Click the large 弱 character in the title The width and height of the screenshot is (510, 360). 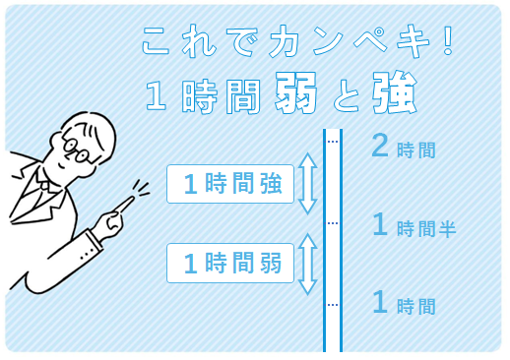coord(294,94)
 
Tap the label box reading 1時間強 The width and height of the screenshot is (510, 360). coord(230,184)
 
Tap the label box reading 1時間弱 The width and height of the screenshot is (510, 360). coord(230,263)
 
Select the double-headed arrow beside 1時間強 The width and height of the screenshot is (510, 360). coord(307,184)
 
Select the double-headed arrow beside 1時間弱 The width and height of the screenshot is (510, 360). coord(307,264)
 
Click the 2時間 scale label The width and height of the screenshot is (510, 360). coord(403,147)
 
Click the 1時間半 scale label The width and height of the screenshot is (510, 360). coord(413,226)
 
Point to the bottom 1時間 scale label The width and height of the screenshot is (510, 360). coord(403,304)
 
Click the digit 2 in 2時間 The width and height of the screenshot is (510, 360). coord(380,146)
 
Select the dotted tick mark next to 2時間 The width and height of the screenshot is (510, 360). coord(333,143)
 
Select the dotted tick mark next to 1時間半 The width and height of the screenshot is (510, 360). coord(333,223)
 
